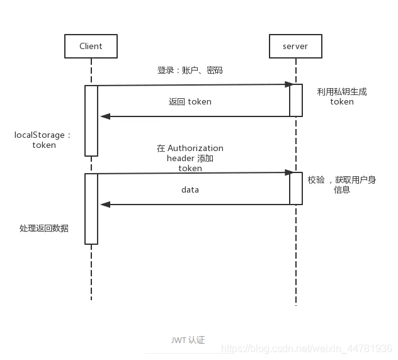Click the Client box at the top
click(91, 47)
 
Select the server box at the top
click(295, 47)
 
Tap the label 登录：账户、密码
click(190, 70)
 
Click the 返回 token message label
click(190, 101)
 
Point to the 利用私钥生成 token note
click(342, 96)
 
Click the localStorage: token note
click(43, 140)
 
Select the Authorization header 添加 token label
click(190, 158)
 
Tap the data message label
click(190, 189)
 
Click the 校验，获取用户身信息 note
click(342, 184)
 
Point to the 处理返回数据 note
click(43, 228)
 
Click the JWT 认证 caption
click(188, 340)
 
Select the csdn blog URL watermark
click(307, 349)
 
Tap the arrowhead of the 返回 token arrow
click(105, 116)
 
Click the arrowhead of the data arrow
click(105, 205)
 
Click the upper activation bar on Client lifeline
click(91, 120)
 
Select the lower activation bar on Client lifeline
click(91, 208)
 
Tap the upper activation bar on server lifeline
click(296, 100)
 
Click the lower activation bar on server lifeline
click(296, 188)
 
